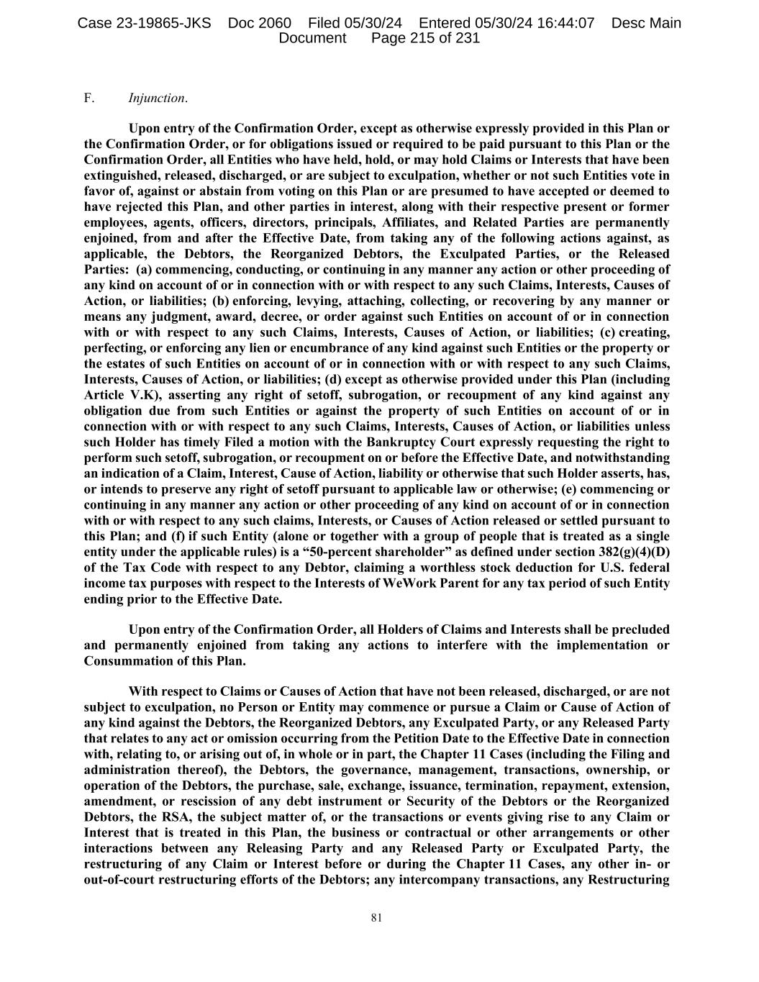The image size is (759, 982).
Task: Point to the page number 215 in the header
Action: click(x=412, y=38)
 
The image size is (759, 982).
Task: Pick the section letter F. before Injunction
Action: click(x=89, y=98)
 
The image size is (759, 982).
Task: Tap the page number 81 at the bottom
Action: click(x=376, y=917)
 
